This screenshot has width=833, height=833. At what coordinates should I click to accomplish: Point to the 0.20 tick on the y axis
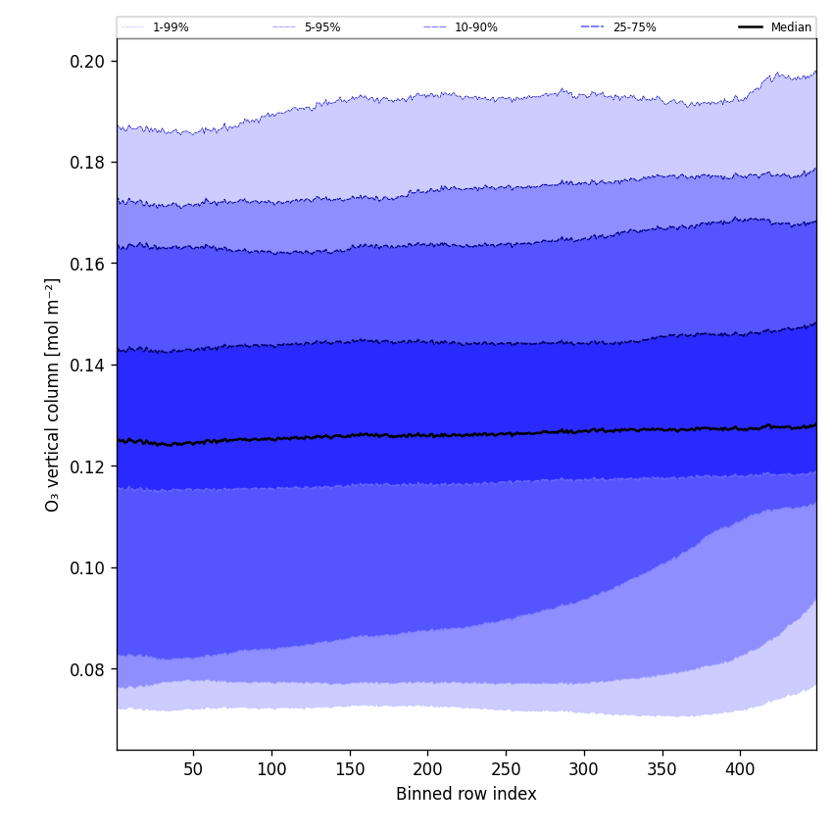coord(89,61)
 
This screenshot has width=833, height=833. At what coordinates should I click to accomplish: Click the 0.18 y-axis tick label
coord(89,163)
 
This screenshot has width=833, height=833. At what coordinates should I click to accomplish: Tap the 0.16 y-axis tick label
coord(89,264)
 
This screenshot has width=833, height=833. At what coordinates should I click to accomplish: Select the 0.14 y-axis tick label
coord(89,366)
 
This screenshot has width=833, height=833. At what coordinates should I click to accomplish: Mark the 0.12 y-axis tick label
coord(89,466)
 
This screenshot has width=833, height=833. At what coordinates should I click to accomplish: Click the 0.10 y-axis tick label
coord(89,568)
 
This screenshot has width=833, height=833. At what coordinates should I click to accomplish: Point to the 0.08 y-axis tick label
coord(89,669)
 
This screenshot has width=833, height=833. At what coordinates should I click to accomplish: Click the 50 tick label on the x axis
coord(193,769)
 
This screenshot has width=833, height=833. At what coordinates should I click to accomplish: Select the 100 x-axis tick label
coord(271,769)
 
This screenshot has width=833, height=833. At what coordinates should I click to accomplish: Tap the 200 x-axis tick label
coord(427,769)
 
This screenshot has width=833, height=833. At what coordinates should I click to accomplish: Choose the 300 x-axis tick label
coord(584,769)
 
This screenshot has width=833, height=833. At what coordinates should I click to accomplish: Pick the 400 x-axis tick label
coord(740,769)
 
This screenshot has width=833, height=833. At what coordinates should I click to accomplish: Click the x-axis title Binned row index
coord(466,795)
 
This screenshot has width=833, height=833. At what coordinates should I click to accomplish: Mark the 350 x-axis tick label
coord(662,769)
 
